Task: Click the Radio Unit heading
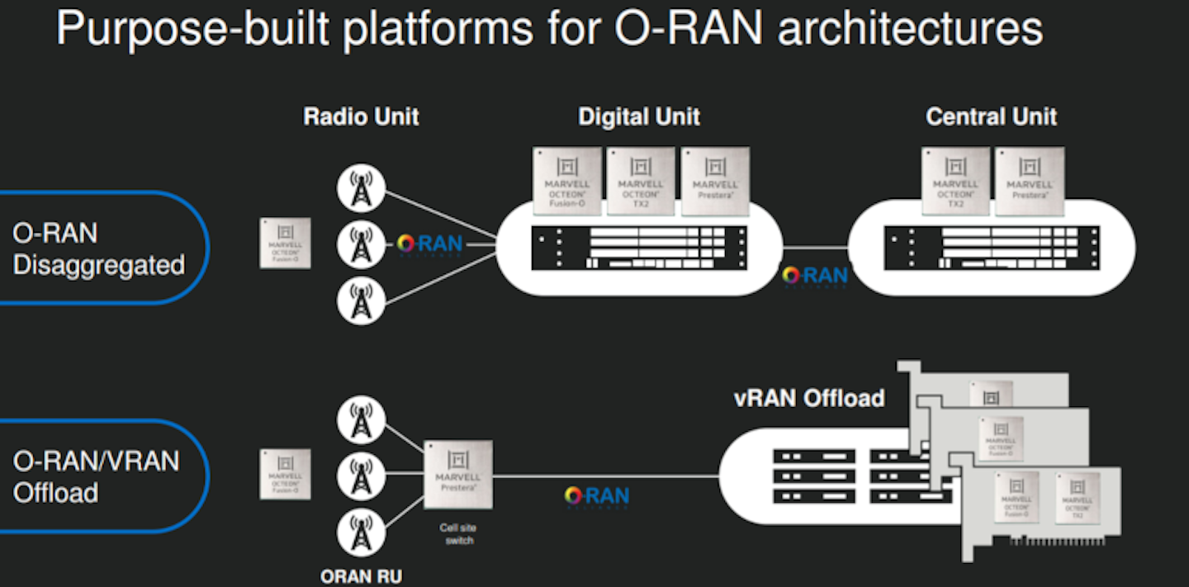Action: pyautogui.click(x=361, y=116)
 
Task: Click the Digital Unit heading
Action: pyautogui.click(x=638, y=116)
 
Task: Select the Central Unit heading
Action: pyautogui.click(x=991, y=116)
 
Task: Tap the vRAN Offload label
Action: pyautogui.click(x=809, y=399)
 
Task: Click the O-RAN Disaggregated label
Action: pyautogui.click(x=98, y=249)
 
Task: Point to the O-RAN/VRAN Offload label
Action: pyautogui.click(x=96, y=476)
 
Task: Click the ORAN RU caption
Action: pyautogui.click(x=361, y=575)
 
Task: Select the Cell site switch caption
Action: pyautogui.click(x=457, y=534)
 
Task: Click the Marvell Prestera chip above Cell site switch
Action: pyautogui.click(x=457, y=475)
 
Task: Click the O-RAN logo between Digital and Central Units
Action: pyautogui.click(x=815, y=276)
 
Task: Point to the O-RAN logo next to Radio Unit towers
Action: pyautogui.click(x=429, y=244)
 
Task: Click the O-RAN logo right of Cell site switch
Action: pyautogui.click(x=596, y=496)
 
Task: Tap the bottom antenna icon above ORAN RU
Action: pyautogui.click(x=361, y=534)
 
